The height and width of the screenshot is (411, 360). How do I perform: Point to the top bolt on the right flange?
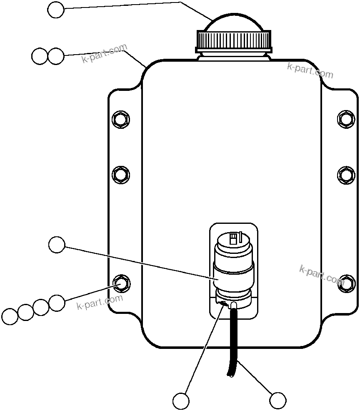pos(346,119)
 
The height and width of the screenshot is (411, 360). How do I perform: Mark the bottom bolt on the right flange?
pos(346,282)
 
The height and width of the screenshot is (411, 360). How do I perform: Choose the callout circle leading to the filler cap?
pos(56,10)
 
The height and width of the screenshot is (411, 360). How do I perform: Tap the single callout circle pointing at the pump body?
pos(57,245)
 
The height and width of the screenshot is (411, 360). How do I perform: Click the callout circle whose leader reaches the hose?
pos(277,401)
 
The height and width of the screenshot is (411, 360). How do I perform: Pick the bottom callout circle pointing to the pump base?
pos(181,401)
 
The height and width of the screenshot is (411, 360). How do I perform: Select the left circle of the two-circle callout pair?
pos(40,56)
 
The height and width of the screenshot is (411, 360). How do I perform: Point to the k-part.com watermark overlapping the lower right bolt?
pos(322,275)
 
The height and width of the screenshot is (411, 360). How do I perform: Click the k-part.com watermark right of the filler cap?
pos(310,71)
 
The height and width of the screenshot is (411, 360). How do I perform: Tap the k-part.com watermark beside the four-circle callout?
pos(100,302)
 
